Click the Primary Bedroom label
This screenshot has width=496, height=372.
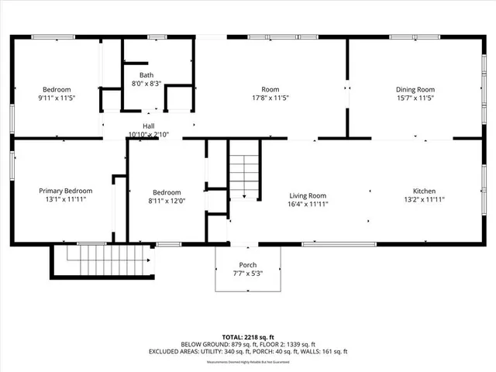coord(66,191)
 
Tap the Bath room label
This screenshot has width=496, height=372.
coord(146,75)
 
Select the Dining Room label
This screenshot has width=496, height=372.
coord(415,89)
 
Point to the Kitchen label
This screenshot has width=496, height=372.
coord(424,191)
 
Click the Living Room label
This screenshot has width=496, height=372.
coord(308,196)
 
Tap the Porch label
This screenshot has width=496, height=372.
coord(248,264)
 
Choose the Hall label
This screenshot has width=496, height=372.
coord(147,126)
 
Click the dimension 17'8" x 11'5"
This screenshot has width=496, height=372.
coord(270,98)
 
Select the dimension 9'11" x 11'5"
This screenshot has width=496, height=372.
coord(57,98)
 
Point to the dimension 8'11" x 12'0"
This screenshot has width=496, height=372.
coord(167,201)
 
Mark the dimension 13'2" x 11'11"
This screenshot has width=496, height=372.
coord(424,200)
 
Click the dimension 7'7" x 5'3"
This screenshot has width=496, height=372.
coord(248,273)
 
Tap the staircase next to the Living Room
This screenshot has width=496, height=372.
coord(243,175)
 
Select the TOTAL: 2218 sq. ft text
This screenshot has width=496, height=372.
coord(248,337)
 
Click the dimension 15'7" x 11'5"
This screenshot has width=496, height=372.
coord(415,98)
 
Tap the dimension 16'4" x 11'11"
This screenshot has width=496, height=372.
coord(308,205)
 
